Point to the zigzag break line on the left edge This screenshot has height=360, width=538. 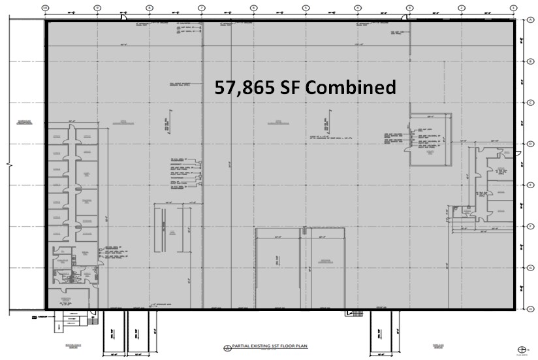(8, 164)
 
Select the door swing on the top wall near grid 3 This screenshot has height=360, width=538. (405, 17)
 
